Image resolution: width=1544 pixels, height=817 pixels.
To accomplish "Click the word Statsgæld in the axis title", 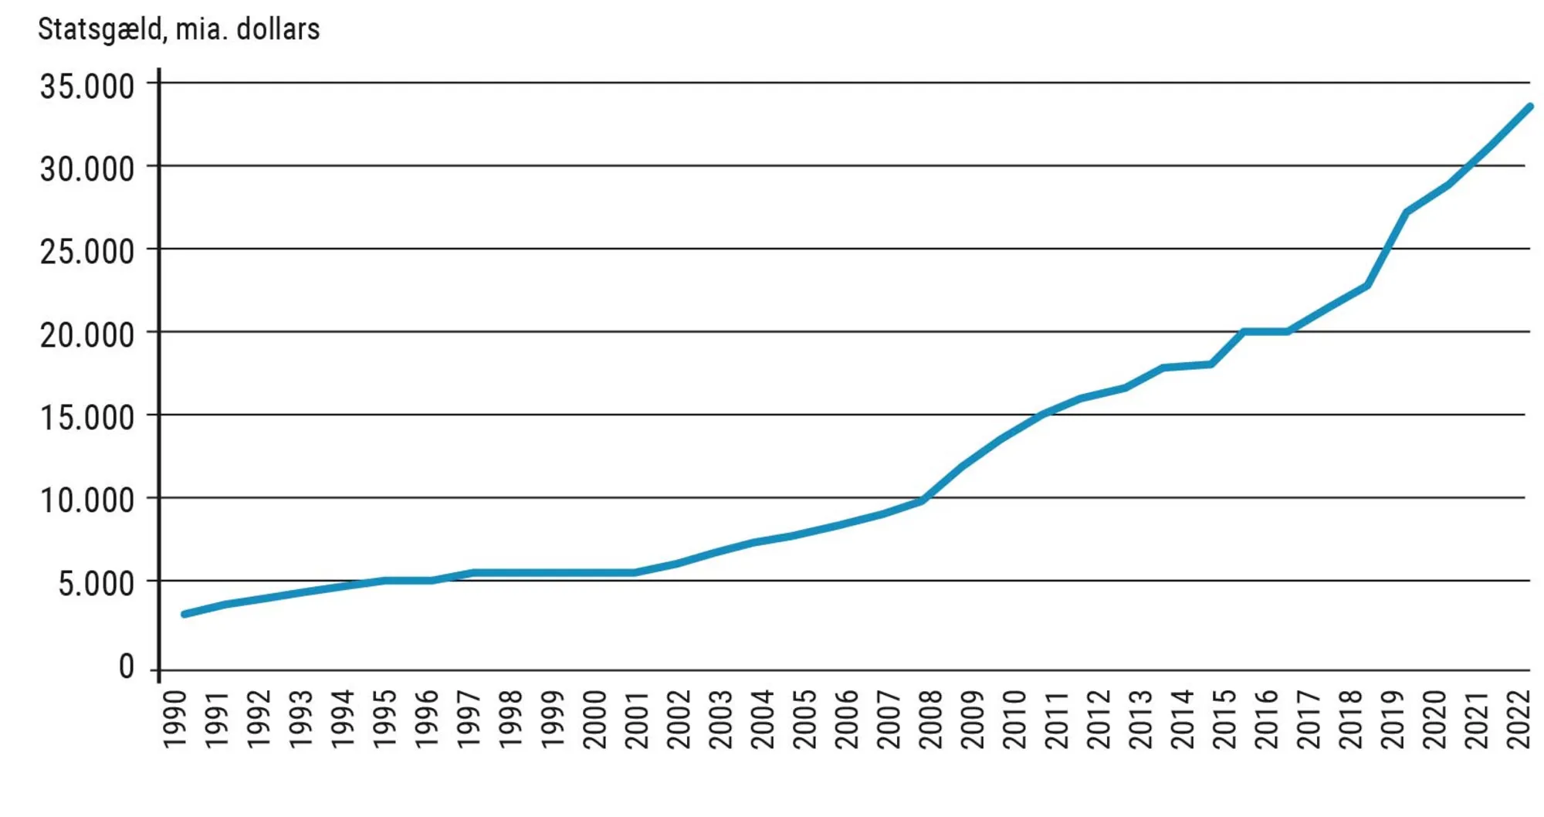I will (x=100, y=29).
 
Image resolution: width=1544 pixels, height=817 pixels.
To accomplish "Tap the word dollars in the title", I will (x=278, y=29).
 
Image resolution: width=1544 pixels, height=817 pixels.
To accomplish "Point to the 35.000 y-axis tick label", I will (x=87, y=86).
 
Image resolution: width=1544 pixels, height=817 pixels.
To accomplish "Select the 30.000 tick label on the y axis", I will (x=87, y=169).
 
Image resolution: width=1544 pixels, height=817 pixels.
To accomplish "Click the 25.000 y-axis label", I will (x=87, y=252).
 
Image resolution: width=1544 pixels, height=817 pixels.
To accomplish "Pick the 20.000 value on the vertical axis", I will (x=87, y=335).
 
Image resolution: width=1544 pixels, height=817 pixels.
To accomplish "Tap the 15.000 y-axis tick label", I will (x=87, y=418).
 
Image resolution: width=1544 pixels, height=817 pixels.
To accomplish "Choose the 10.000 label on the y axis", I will (x=87, y=500).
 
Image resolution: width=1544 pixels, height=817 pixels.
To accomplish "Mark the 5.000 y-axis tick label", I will (x=96, y=584).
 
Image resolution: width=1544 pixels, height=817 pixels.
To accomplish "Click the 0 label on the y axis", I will (x=127, y=666).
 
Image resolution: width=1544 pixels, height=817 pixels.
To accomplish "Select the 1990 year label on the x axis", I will (x=176, y=719).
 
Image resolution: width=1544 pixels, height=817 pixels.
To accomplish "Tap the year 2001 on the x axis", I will (x=637, y=719).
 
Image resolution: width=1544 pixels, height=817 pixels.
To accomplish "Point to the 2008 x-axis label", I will (x=931, y=719).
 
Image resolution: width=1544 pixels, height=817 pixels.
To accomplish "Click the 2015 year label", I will (x=1224, y=719).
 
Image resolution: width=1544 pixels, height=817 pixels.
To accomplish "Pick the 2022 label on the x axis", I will (x=1519, y=719).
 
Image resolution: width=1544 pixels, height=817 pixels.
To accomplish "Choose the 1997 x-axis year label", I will (x=469, y=719).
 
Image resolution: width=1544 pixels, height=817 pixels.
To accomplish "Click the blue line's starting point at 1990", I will (x=185, y=614).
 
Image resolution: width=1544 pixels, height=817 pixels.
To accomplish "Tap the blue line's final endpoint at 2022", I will (x=1529, y=107).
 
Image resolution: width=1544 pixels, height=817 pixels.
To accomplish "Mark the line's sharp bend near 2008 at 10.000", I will (x=923, y=500).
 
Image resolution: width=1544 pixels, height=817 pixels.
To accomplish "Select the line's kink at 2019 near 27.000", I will (x=1407, y=212).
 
